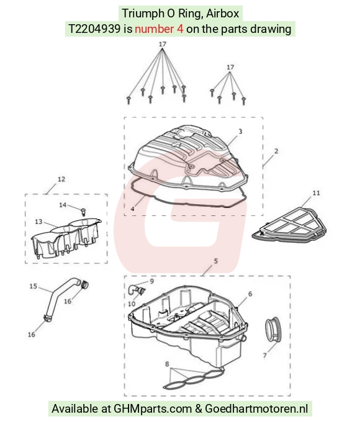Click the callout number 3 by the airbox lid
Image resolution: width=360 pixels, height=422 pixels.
(x=240, y=132)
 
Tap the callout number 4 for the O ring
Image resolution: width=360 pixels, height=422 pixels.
(x=132, y=209)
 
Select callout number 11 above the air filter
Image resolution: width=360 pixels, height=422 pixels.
(x=316, y=193)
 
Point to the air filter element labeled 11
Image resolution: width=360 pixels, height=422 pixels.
(x=290, y=225)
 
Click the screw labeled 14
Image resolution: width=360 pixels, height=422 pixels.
(x=83, y=212)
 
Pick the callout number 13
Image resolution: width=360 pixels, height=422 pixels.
(x=38, y=222)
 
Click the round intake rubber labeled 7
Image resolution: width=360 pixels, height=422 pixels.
(x=273, y=330)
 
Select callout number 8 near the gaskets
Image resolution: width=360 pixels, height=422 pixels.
(x=167, y=364)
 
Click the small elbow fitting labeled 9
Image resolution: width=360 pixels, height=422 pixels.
(x=133, y=289)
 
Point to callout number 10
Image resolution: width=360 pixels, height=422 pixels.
(x=132, y=304)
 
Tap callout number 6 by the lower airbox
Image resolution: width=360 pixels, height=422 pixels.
(x=250, y=294)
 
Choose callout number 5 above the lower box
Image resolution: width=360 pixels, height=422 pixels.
(x=215, y=261)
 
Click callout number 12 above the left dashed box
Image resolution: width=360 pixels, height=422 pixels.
(x=61, y=179)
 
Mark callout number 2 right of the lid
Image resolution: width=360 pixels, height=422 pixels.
(x=276, y=151)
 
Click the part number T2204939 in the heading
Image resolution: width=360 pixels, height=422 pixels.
(x=94, y=29)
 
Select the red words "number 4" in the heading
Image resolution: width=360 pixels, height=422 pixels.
(x=159, y=29)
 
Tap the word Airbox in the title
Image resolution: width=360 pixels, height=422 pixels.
(x=223, y=13)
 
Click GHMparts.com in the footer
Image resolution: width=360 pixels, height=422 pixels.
(x=153, y=408)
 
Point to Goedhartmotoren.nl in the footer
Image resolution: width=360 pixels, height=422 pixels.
(x=256, y=408)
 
